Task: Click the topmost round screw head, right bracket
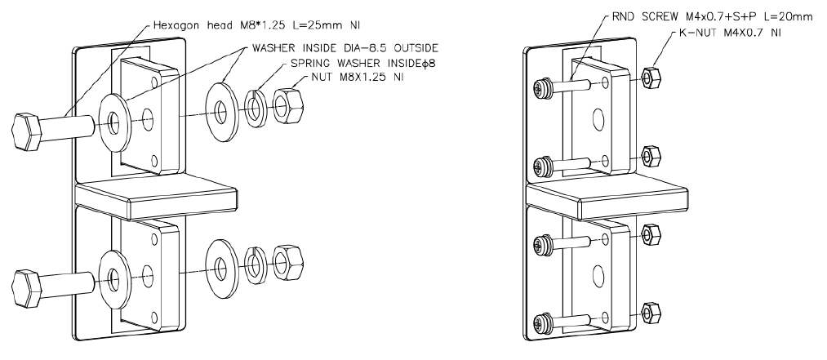pos(540,85)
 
